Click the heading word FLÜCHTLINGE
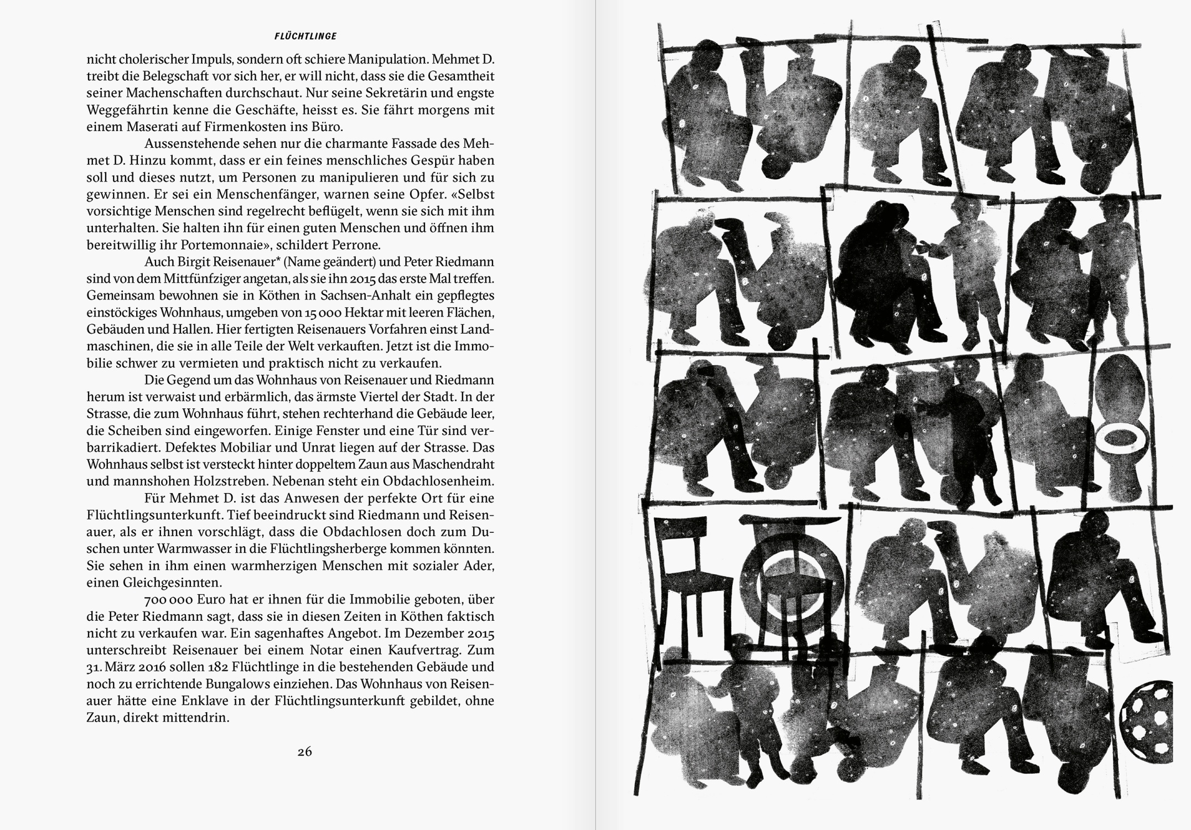point(305,37)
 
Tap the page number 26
point(305,751)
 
